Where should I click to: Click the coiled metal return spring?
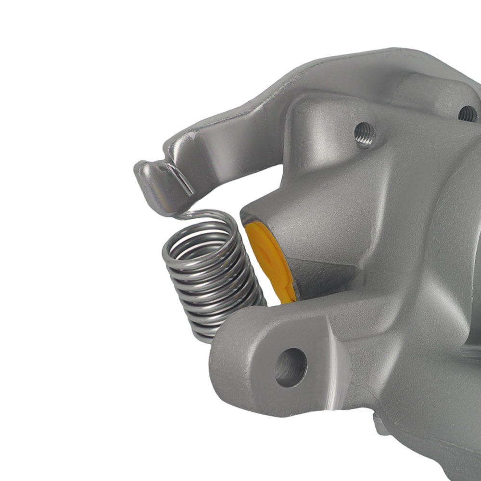(x=212, y=279)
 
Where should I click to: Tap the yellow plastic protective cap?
(x=269, y=260)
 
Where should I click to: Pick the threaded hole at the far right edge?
(x=467, y=114)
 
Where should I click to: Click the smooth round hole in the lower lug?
(x=291, y=367)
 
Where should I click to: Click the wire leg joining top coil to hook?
(x=192, y=214)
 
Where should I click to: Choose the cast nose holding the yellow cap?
(x=289, y=226)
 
